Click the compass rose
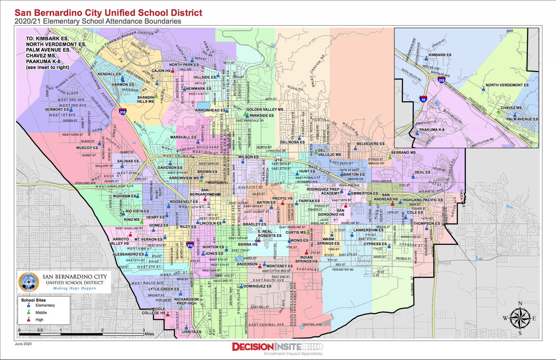520,318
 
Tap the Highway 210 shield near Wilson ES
278,159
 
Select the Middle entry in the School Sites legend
41,313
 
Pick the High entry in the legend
39,320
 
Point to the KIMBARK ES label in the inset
440,55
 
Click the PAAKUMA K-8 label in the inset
431,130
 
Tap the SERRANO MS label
403,153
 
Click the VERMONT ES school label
56,110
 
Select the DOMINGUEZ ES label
257,286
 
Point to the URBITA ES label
191,332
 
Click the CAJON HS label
161,71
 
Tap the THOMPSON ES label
426,224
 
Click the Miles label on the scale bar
149,334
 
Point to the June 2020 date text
23,344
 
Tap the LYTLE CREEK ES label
164,289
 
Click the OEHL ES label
422,172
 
